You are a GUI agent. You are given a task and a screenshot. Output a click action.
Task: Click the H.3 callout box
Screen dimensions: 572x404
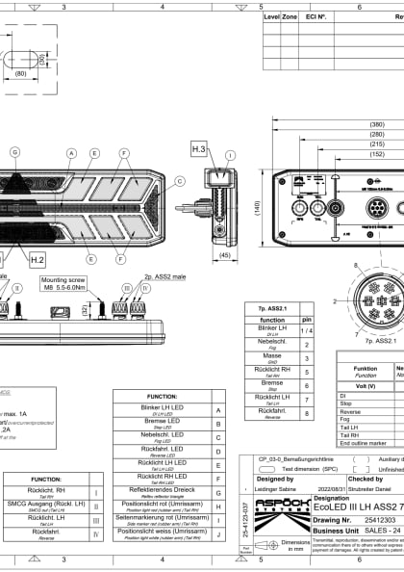pyautogui.click(x=199, y=148)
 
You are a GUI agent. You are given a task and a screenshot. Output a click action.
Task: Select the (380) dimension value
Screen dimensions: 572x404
pyautogui.click(x=377, y=124)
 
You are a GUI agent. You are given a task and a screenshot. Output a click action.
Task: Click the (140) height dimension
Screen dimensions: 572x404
pyautogui.click(x=257, y=206)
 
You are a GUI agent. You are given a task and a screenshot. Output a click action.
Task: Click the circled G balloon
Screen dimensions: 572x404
pyautogui.click(x=13, y=152)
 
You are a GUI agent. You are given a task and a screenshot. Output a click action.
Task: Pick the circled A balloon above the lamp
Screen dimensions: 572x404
pyautogui.click(x=71, y=153)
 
